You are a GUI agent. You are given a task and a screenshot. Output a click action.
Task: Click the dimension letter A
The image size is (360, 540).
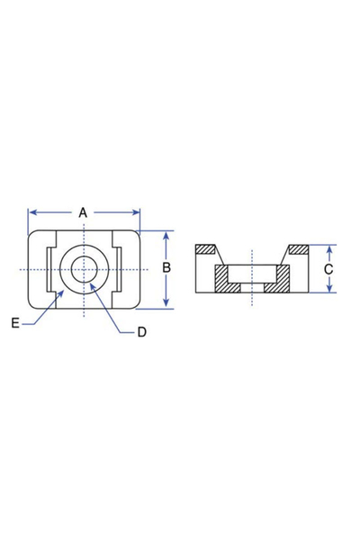point(83,212)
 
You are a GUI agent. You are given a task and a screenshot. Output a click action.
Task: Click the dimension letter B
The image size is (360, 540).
point(166,268)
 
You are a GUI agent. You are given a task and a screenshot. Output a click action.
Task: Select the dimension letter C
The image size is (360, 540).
point(329,268)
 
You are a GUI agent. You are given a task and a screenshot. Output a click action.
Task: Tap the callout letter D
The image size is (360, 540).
point(141,332)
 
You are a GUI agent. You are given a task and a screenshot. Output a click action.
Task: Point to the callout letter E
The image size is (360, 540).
point(15,321)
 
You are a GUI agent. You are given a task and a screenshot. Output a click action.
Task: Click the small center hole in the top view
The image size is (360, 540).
point(85,269)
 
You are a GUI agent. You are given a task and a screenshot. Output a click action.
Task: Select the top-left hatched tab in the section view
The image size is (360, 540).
point(206,249)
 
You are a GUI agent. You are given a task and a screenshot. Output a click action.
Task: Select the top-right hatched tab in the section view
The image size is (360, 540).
point(298,249)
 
